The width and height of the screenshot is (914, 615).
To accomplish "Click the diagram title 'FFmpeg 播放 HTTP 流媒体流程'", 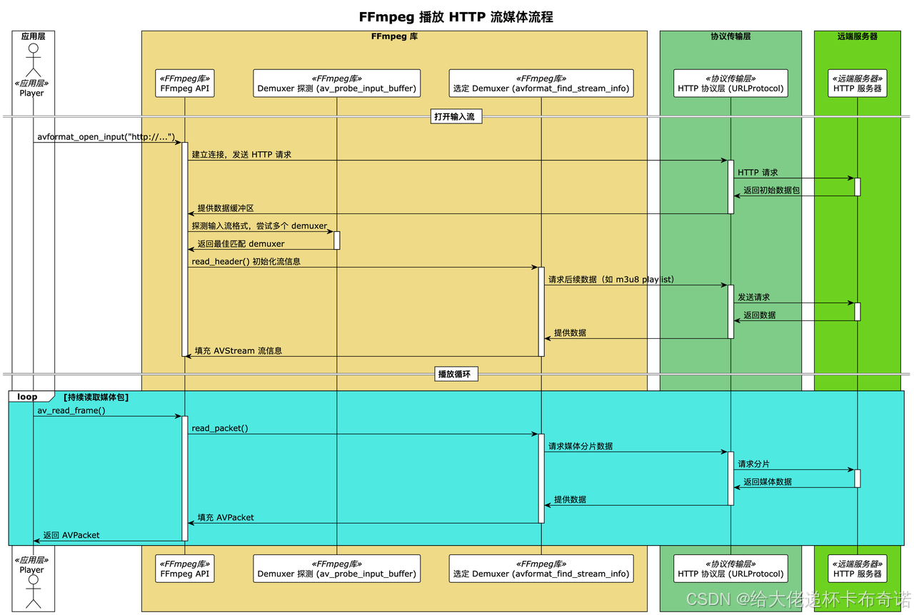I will [456, 17].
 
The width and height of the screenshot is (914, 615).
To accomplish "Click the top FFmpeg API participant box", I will [184, 83].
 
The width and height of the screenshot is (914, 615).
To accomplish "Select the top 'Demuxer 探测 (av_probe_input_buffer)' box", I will [336, 83].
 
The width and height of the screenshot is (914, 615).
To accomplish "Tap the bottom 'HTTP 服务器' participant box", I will [857, 569].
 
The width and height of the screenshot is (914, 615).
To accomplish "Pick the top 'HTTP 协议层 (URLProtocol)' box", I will [730, 83].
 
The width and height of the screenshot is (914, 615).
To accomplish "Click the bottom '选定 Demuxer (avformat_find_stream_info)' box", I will [541, 569].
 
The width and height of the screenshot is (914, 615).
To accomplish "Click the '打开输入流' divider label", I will [456, 116].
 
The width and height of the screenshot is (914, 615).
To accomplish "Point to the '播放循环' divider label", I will [456, 374].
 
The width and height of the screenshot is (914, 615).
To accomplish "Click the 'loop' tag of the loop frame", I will [28, 397].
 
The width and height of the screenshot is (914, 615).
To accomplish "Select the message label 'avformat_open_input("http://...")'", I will [106, 136].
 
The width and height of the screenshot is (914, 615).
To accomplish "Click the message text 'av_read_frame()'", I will [71, 410].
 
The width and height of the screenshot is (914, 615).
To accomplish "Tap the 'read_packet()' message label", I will [220, 428].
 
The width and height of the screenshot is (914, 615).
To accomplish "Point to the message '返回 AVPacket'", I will [71, 535].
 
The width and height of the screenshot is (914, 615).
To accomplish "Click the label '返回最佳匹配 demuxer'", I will [241, 244].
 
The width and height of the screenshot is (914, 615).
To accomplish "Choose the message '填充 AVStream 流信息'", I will [238, 351].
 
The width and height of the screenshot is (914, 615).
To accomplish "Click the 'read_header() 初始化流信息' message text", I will [246, 262].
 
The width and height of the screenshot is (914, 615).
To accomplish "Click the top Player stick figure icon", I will [31, 60].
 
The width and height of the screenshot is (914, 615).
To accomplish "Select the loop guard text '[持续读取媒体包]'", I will [96, 397].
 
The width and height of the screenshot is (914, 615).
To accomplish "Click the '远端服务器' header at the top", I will [857, 36].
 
